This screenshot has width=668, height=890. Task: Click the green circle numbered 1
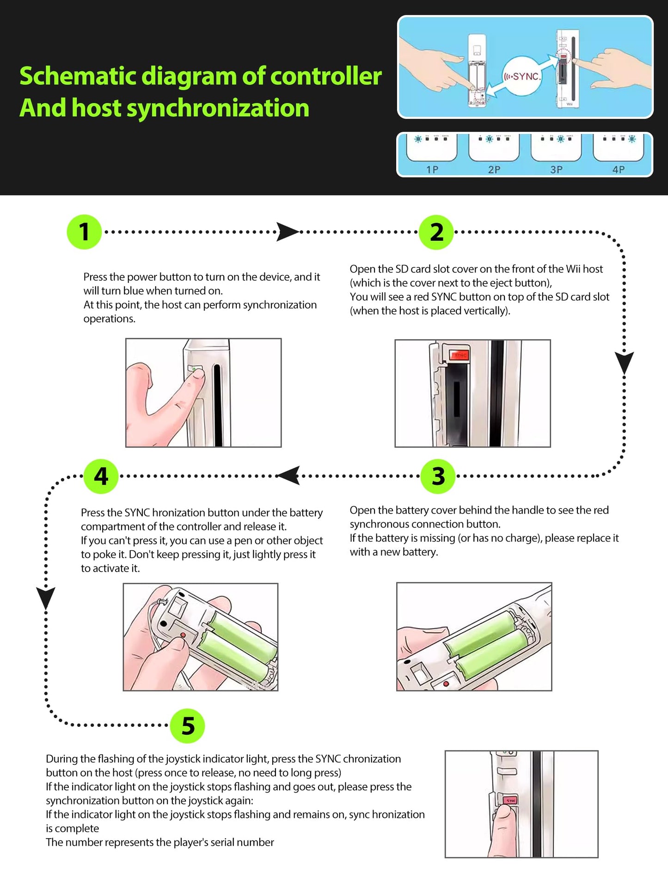[x=84, y=232]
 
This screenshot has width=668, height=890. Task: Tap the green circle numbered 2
[x=436, y=232]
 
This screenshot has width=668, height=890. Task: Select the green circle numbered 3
[x=438, y=476]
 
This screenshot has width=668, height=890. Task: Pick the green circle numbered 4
[x=101, y=476]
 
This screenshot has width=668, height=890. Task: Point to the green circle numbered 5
[x=187, y=725]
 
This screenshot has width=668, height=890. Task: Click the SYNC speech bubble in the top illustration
[x=522, y=77]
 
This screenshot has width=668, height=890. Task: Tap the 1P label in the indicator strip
[x=432, y=170]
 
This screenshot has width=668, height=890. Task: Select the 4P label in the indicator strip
[x=619, y=170]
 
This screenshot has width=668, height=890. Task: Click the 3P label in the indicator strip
[x=556, y=170]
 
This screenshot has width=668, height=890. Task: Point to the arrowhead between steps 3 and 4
[x=288, y=476]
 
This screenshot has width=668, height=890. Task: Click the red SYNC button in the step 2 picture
[x=460, y=355]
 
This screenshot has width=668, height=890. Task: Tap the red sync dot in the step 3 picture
[x=446, y=683]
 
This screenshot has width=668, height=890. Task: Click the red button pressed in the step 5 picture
[x=510, y=800]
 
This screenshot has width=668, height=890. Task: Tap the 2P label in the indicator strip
[x=494, y=170]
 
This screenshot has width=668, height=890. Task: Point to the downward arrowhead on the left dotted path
[x=46, y=598]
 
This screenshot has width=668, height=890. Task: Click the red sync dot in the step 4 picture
[x=183, y=635]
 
